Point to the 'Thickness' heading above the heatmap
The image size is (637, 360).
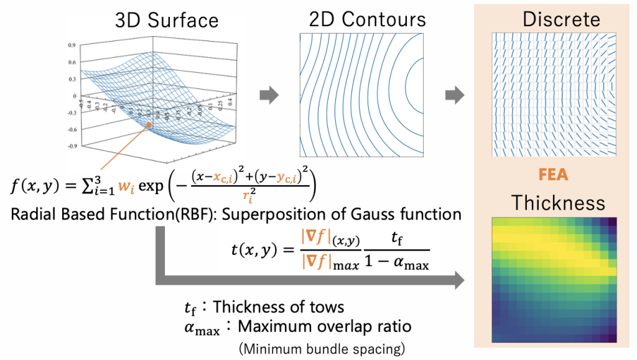pyautogui.click(x=557, y=203)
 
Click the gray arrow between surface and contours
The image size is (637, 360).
pyautogui.click(x=269, y=96)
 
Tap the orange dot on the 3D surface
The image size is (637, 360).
pyautogui.click(x=150, y=126)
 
